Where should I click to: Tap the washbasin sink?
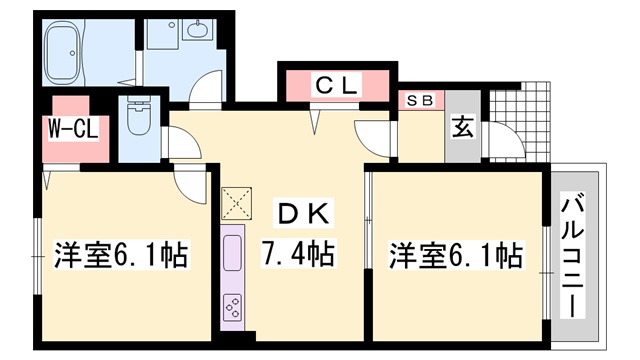[199, 29]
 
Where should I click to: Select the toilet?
[138, 116]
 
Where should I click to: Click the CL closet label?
[336, 85]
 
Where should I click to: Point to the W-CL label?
[73, 129]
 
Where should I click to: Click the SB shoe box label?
[420, 100]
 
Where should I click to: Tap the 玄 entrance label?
[463, 127]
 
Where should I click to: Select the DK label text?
[304, 213]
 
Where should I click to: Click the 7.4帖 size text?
[298, 253]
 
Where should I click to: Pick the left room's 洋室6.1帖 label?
[122, 255]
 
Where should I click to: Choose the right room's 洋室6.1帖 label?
[456, 255]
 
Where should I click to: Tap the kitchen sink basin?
[232, 253]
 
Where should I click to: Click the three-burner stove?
[232, 307]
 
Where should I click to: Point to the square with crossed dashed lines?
[236, 204]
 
